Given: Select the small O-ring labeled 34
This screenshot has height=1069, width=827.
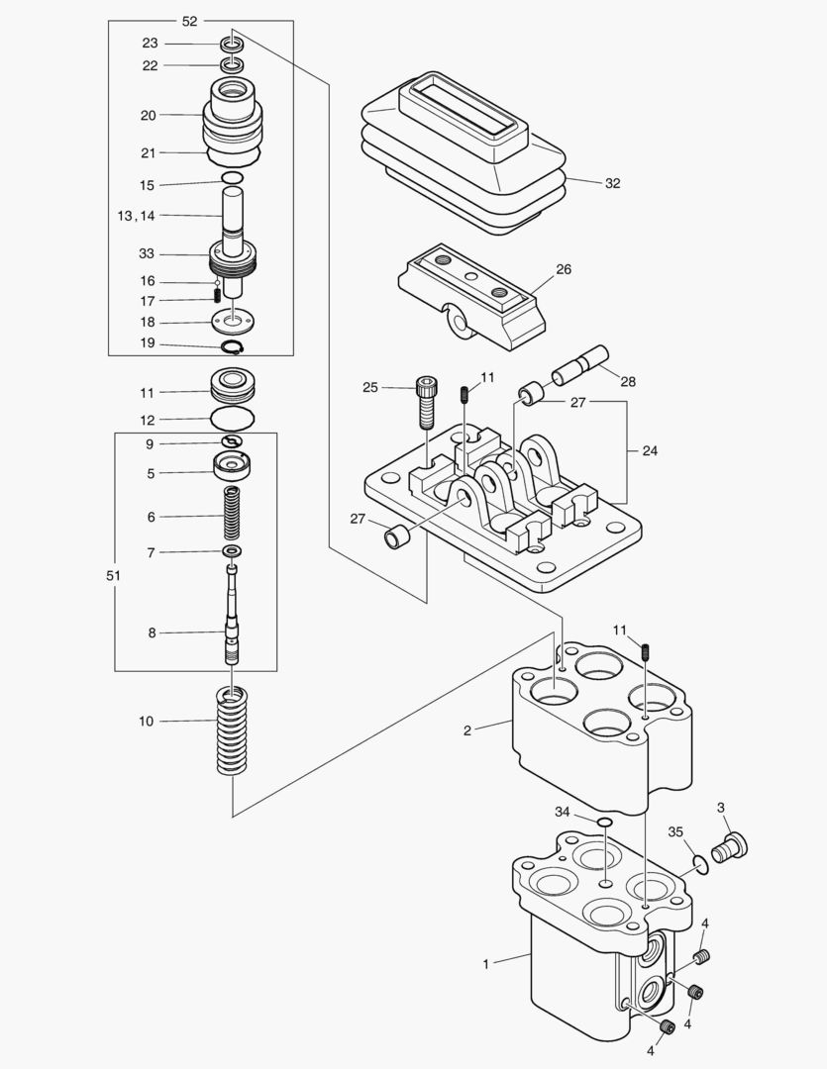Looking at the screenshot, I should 604,822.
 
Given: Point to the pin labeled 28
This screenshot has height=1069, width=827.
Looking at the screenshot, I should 582,362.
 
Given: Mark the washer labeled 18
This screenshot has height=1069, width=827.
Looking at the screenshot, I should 234,321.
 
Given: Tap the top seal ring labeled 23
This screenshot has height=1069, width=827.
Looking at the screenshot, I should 233,44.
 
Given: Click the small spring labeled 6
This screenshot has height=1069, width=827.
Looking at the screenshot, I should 234,515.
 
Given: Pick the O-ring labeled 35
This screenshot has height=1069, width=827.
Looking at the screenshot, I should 701,864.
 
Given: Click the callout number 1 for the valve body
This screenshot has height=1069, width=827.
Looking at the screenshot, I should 485,963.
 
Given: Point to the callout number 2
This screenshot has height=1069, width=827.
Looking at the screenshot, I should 466,730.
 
